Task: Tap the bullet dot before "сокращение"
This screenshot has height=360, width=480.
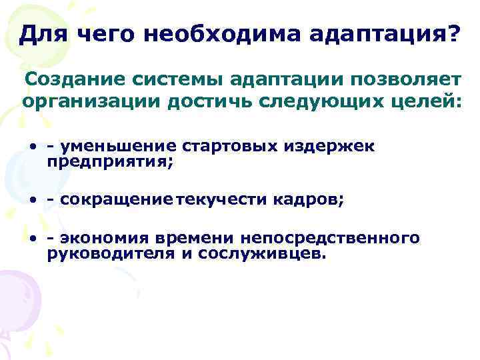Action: pos(32,200)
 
